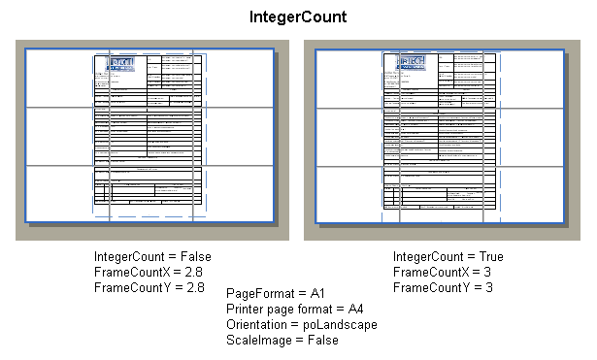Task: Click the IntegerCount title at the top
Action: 298,17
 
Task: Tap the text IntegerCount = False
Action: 152,256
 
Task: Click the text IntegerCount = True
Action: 448,256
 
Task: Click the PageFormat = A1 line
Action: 275,293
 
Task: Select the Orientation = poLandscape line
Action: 301,324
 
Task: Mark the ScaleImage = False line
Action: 282,340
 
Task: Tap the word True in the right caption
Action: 490,256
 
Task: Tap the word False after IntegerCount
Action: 196,256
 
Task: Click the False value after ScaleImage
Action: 322,340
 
